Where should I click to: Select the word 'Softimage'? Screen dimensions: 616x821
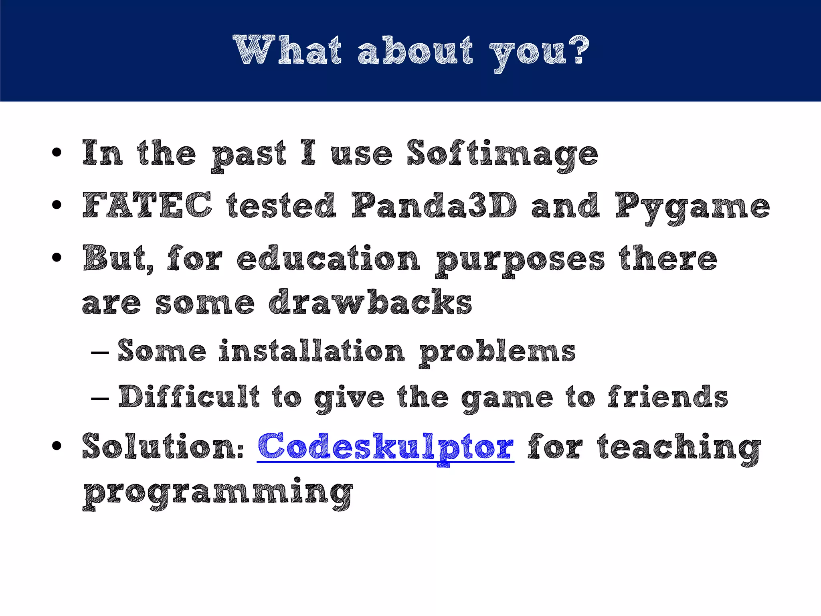coord(502,154)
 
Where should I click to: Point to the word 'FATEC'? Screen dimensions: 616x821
coord(147,205)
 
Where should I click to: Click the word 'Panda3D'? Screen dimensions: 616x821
coord(435,205)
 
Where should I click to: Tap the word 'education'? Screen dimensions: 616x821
coord(328,258)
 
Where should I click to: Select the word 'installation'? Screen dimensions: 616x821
coord(312,351)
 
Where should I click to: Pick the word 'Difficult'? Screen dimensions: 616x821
coord(189,397)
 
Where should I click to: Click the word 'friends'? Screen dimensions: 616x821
coord(667,397)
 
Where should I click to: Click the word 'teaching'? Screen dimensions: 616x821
coord(679,448)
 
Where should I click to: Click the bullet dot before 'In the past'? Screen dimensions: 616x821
coord(57,153)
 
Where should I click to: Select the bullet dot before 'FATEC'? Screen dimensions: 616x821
coord(57,205)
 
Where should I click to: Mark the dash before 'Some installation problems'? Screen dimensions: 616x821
coord(100,353)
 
